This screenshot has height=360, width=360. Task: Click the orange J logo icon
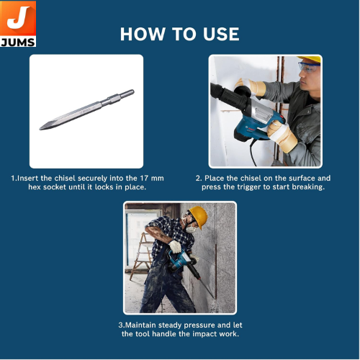tap(18, 18)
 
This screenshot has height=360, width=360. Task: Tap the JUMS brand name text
tap(18, 42)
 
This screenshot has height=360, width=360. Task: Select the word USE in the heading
tap(221, 34)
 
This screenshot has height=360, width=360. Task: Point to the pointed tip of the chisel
tap(40, 129)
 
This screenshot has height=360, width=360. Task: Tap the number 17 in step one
tap(144, 178)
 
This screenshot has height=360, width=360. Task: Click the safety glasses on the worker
tap(309, 68)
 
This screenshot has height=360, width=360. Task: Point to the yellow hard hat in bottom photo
tap(199, 217)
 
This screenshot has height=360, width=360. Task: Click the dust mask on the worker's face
tap(191, 230)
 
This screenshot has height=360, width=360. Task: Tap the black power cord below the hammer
tap(253, 153)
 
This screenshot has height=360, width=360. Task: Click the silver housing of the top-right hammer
tap(261, 113)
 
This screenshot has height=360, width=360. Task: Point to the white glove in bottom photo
tap(175, 246)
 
